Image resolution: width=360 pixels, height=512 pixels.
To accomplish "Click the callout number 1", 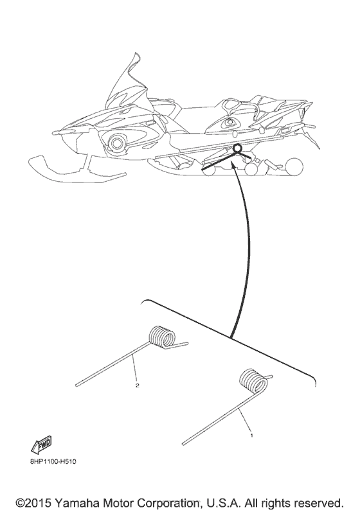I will click(x=251, y=435).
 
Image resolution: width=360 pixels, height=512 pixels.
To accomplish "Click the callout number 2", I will click(x=137, y=387).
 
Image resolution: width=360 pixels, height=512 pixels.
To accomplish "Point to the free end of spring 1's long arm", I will click(x=184, y=443).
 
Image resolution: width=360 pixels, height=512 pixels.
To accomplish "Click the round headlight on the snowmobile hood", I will click(x=116, y=141).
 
